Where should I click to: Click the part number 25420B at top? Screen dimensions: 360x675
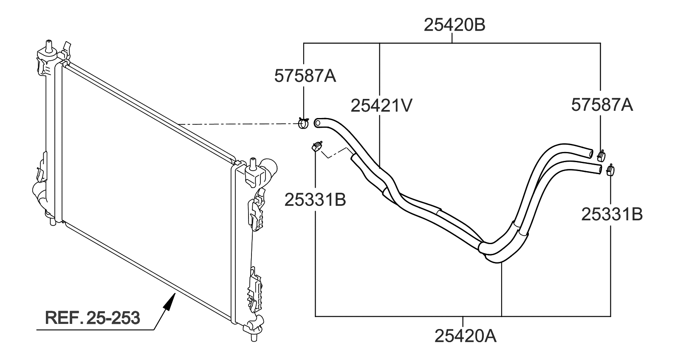coord(454,25)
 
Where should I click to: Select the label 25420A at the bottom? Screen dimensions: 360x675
coord(465,336)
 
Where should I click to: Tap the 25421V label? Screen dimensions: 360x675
coord(381,106)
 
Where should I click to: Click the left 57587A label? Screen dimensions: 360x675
coord(305,76)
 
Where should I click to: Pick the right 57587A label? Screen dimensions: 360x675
coord(602,104)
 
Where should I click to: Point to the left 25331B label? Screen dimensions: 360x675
coord(315,200)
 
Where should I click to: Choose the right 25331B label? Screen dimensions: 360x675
coord(612,215)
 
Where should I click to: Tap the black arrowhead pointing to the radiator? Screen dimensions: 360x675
coord(169,302)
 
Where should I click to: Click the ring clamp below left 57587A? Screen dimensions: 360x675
coord(304,123)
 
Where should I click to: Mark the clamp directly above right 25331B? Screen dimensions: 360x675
coord(611,170)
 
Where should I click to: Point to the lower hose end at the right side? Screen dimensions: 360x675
coord(599,169)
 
